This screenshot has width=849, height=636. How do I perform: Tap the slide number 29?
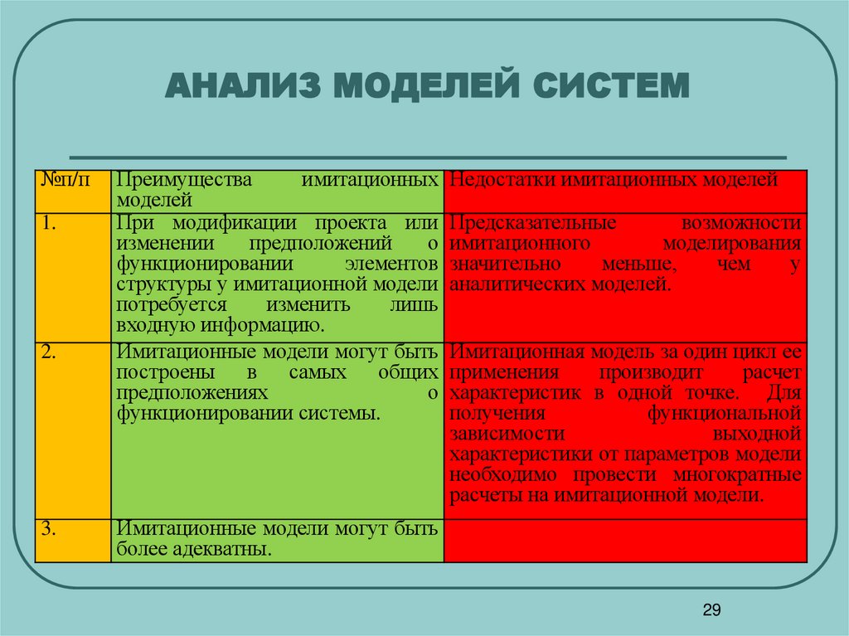coord(711,611)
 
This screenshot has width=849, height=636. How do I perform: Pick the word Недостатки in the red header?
coord(500,180)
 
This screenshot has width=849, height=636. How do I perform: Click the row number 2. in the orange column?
coord(49,352)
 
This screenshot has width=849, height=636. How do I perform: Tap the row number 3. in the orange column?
coord(49,529)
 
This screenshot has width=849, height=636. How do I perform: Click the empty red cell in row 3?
coord(625,541)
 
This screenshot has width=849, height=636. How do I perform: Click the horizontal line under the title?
coord(428,157)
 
